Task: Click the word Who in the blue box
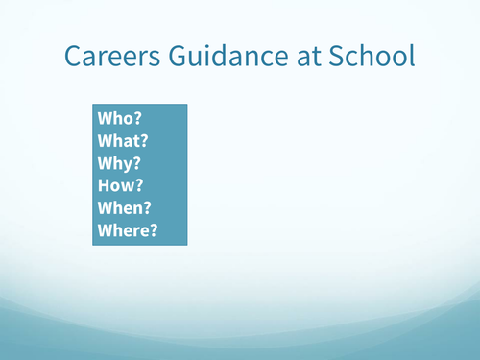115,120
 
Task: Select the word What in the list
119,142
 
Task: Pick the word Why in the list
115,164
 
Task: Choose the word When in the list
120,208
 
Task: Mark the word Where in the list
123,230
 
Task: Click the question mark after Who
137,120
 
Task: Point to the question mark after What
145,142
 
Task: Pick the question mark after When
148,208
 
